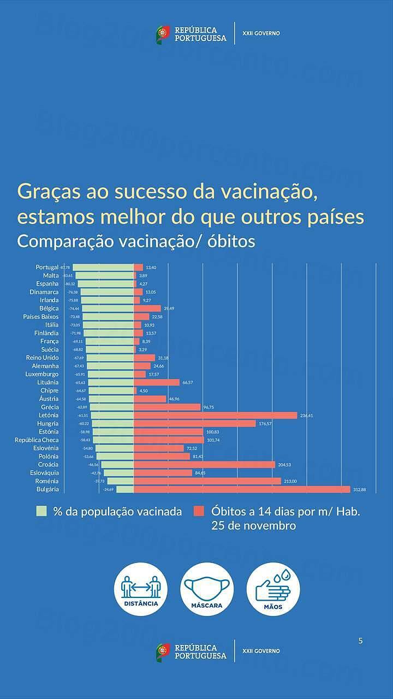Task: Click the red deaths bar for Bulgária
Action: coord(242,489)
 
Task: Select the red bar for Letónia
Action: coord(216,415)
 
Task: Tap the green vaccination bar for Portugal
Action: coord(103,267)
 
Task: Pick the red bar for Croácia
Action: coord(204,465)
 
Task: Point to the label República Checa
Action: coord(37,440)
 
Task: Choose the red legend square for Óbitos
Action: coord(199,512)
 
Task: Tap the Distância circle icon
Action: coord(141,589)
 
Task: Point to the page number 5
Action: coord(360,641)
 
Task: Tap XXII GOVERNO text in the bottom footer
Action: coord(261,651)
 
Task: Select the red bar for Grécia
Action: coord(167,407)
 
